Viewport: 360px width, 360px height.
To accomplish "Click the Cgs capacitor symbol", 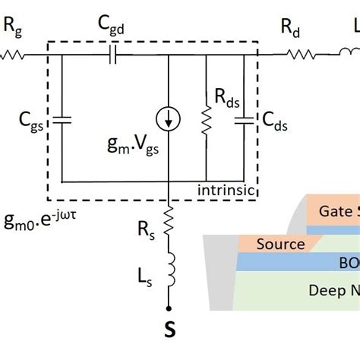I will tap(62, 119).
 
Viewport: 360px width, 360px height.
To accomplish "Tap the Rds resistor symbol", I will tap(207, 119).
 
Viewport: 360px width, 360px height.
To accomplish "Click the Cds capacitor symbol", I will tap(244, 119).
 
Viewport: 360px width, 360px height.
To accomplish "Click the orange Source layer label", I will tap(280, 244).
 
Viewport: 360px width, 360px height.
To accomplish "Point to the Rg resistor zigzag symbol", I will tap(14, 54).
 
